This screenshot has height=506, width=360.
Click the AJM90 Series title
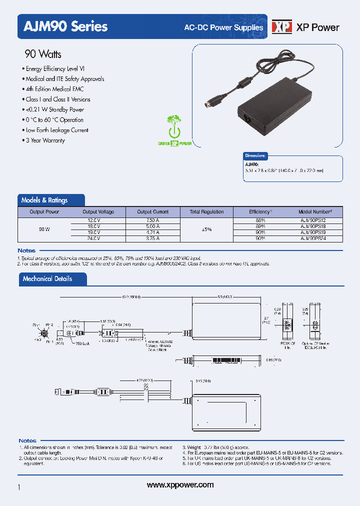(x=63, y=26)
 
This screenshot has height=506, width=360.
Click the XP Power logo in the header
(x=305, y=27)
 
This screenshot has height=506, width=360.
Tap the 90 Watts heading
(x=43, y=54)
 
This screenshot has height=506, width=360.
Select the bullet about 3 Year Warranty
(x=44, y=140)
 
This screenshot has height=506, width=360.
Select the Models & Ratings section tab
(x=44, y=200)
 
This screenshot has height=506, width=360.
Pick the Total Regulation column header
(x=206, y=212)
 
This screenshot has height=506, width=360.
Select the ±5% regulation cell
(x=206, y=229)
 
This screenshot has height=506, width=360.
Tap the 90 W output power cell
(x=44, y=229)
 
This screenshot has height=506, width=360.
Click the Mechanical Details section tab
(x=47, y=279)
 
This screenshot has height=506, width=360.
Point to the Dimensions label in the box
(x=255, y=156)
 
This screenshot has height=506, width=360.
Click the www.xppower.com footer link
(x=180, y=484)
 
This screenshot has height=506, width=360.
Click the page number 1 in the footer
(x=18, y=487)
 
